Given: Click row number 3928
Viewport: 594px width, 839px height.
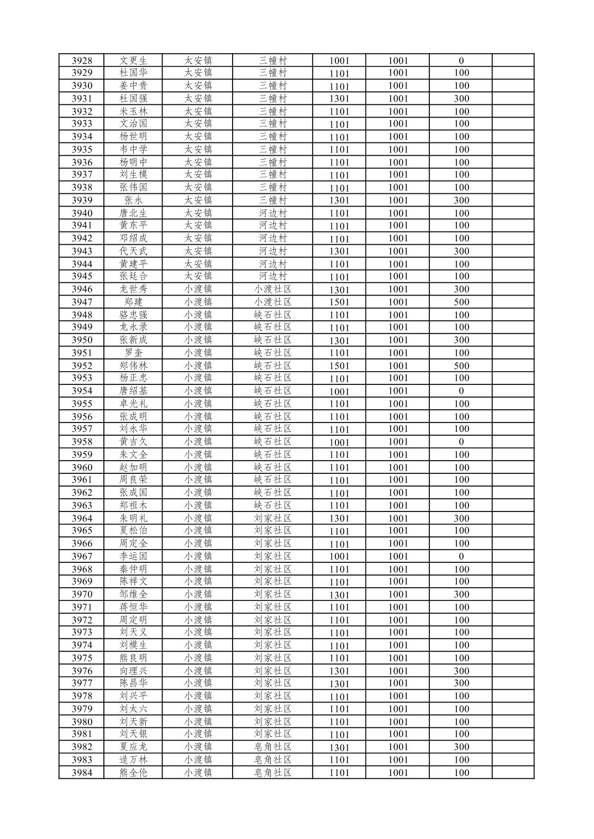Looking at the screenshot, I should (x=82, y=61).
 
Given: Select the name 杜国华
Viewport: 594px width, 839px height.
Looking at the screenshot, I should (x=133, y=73).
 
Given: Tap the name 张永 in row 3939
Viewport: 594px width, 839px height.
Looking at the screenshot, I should (x=133, y=200).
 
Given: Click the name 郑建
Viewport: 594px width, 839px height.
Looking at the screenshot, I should (x=133, y=302).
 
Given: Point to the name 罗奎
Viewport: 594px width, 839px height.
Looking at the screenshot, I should (x=133, y=353).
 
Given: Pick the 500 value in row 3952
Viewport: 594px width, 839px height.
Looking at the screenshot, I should (x=461, y=366).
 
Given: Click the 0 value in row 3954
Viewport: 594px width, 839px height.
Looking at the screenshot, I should (x=461, y=391).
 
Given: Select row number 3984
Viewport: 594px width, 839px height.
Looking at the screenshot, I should (x=82, y=773).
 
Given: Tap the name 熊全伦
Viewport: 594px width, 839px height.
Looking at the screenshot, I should (x=133, y=773).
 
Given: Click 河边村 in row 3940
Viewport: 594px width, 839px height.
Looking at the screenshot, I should (x=272, y=213).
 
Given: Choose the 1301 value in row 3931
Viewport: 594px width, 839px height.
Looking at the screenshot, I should (x=339, y=99).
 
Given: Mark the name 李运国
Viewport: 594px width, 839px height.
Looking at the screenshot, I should (x=133, y=556).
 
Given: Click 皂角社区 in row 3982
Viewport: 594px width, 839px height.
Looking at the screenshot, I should (x=272, y=747).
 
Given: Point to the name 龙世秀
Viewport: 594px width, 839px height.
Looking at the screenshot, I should (x=133, y=289).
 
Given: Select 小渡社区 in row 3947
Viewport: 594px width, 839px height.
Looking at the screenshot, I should (x=272, y=302).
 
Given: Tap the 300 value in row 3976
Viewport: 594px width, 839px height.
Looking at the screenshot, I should (x=461, y=671).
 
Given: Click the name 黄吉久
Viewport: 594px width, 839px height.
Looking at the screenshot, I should (x=133, y=442).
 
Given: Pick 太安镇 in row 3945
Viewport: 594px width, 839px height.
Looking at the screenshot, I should (x=198, y=276).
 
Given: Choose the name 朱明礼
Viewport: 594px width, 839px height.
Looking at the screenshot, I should (x=133, y=518).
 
